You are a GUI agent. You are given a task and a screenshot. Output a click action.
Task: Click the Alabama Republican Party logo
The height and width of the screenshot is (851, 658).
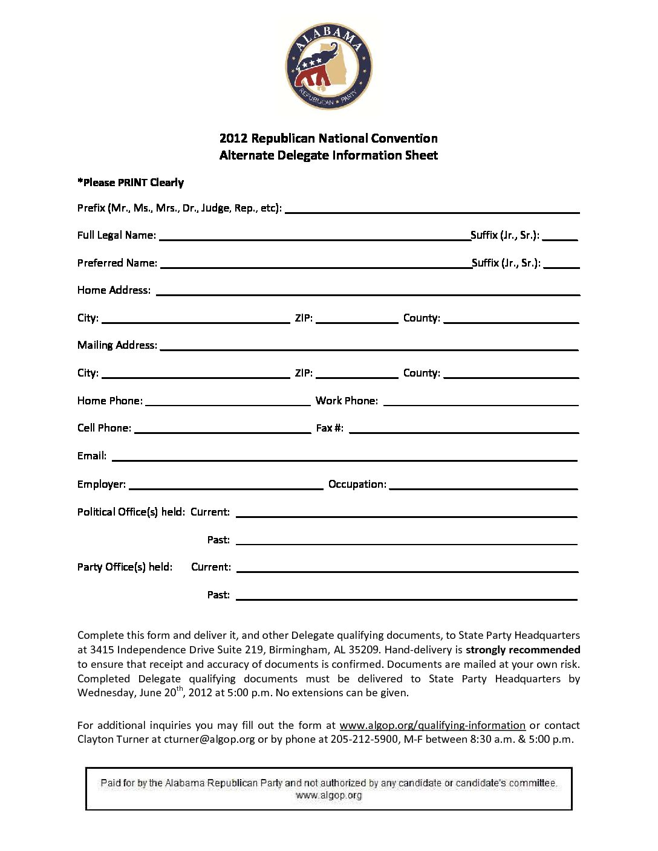328,66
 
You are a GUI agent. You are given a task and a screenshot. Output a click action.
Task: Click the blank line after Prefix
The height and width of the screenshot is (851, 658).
432,210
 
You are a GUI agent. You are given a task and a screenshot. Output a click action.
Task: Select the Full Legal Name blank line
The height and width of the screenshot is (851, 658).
314,237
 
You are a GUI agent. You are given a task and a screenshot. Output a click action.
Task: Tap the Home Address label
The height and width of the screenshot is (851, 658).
114,290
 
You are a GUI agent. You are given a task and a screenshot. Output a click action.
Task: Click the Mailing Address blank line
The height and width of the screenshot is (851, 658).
369,347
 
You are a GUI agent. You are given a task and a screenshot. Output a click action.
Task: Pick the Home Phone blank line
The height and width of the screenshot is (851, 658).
227,402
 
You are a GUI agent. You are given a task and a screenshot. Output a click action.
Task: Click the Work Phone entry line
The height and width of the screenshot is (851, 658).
481,402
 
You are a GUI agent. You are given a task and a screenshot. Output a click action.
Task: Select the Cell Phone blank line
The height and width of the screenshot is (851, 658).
223,430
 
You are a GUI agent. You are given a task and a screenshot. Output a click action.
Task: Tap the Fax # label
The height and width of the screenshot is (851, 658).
330,428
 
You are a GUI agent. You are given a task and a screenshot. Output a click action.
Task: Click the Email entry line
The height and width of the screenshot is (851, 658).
345,458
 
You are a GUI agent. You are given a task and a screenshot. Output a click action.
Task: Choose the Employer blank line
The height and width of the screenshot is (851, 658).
226,486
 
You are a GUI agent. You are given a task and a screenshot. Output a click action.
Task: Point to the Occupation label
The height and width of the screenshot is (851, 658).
357,484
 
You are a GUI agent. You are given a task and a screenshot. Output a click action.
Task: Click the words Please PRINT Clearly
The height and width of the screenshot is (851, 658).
131,183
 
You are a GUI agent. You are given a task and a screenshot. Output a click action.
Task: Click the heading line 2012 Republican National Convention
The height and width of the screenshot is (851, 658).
328,138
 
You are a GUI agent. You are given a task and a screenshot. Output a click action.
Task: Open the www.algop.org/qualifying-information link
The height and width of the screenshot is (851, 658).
432,725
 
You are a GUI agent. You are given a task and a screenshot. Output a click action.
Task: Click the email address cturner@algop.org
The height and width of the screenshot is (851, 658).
209,739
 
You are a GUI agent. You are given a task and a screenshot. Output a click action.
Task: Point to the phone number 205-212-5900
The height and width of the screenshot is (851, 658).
364,739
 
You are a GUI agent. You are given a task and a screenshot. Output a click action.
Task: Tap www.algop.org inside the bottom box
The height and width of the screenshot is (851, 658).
328,795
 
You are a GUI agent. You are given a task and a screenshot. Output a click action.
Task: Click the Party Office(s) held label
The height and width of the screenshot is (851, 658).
125,567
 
